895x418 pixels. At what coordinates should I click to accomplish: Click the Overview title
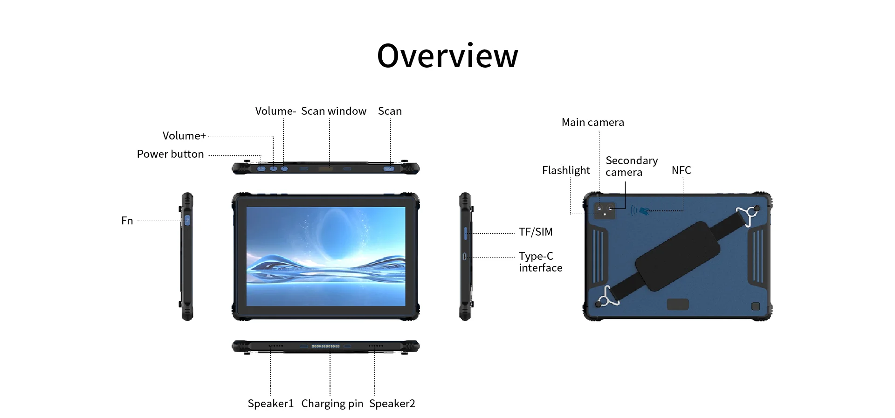pos(447,56)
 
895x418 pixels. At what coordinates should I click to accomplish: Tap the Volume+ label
pos(184,136)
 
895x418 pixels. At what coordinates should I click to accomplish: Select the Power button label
pos(170,154)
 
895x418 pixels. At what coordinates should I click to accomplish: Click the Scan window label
pos(334,111)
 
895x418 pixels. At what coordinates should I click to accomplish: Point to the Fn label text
pos(127,221)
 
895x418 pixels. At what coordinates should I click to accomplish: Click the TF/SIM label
pos(536,232)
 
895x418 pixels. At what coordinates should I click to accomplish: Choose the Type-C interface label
pos(541,262)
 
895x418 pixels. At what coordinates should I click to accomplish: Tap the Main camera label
pos(592,122)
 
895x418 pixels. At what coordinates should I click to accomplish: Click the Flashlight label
pos(566,170)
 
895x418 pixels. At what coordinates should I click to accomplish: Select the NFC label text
pos(681,170)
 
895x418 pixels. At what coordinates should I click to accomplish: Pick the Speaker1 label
pos(270,404)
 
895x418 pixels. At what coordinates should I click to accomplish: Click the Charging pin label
pos(332,404)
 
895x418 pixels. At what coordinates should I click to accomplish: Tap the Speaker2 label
pos(392,404)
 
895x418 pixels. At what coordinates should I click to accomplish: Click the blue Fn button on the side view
pos(187,220)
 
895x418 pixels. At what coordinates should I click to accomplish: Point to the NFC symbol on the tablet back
pos(640,211)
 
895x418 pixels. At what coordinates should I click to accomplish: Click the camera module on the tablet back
pos(605,210)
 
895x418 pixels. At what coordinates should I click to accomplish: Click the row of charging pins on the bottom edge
pos(325,346)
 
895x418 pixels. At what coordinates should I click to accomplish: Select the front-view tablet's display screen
pos(326,257)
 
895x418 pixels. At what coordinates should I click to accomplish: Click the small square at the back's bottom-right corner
pos(756,306)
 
